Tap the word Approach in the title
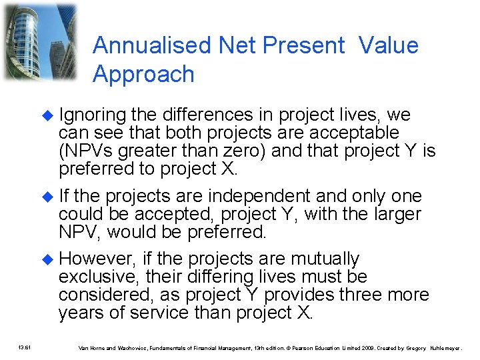coord(143,74)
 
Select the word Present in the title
coord(303,45)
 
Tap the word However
coord(93,259)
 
